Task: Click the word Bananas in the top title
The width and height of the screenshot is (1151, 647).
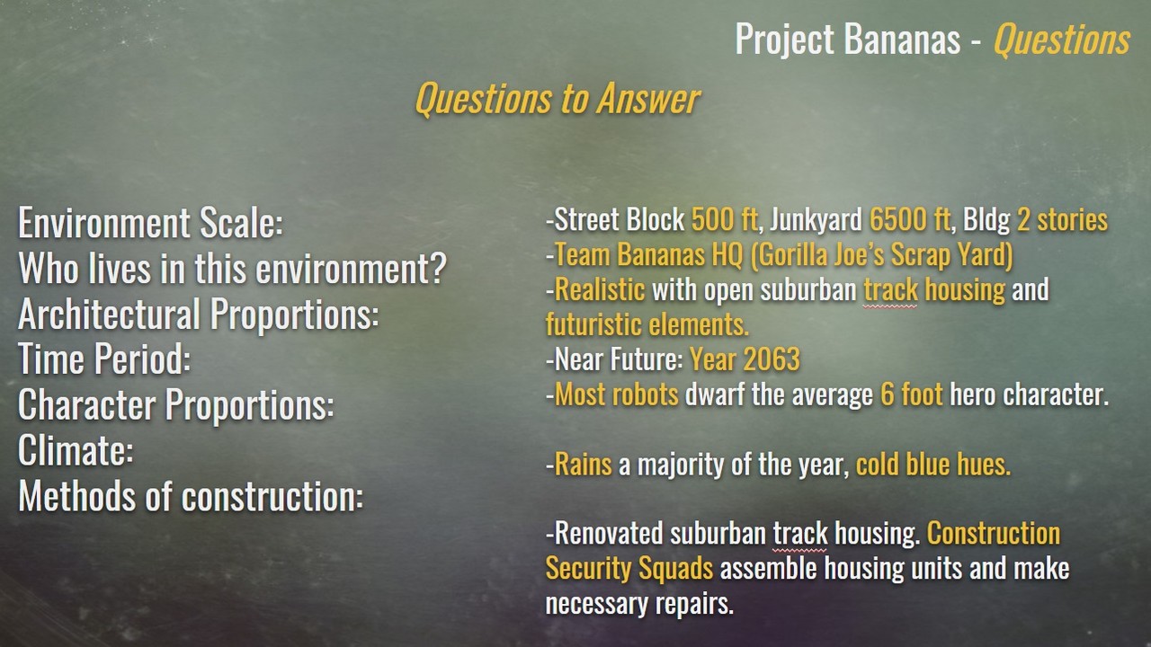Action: click(x=902, y=40)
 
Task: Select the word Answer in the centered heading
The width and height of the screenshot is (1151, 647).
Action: click(x=648, y=99)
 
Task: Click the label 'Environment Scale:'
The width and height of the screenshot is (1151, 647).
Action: click(x=150, y=223)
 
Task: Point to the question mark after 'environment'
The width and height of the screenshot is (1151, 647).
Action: click(x=438, y=268)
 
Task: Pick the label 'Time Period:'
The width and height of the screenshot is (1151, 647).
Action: click(x=104, y=359)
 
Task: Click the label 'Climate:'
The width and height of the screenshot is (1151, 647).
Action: click(x=76, y=450)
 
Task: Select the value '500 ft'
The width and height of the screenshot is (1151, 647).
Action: click(x=724, y=220)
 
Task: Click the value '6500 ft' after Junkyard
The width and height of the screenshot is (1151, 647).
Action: click(x=909, y=220)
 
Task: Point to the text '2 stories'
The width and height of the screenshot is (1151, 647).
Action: click(x=1062, y=220)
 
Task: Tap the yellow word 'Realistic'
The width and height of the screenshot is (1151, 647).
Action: click(x=600, y=289)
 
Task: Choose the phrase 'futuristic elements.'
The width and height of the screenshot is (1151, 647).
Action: click(x=647, y=324)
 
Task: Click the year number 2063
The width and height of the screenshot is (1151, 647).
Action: click(x=772, y=359)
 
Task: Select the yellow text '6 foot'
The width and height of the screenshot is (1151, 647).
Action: click(x=912, y=394)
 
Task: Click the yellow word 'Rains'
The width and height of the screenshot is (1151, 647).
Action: click(x=584, y=465)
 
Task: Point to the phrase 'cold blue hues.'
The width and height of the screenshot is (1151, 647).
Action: click(x=933, y=465)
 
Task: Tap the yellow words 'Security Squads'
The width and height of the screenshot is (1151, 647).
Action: click(x=629, y=569)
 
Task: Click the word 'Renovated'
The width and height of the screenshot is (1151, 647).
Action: click(x=609, y=533)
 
